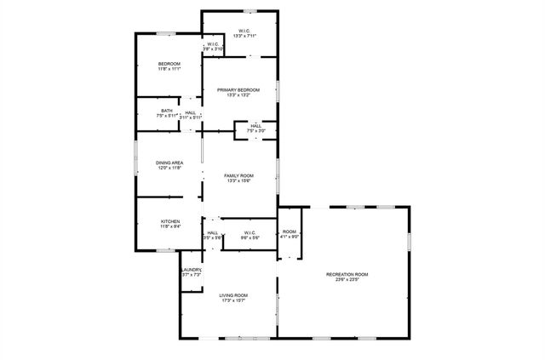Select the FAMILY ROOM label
click(x=238, y=175)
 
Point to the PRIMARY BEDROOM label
click(x=238, y=89)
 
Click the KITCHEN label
click(x=170, y=221)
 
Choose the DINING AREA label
click(x=169, y=163)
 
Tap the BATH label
click(x=166, y=111)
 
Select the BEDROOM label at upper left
click(x=169, y=65)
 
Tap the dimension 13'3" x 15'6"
click(x=238, y=180)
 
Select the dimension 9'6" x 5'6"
click(x=250, y=237)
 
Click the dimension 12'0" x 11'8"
click(x=169, y=168)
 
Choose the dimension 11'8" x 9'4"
click(x=170, y=226)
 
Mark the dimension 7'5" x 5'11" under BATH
click(x=166, y=116)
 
